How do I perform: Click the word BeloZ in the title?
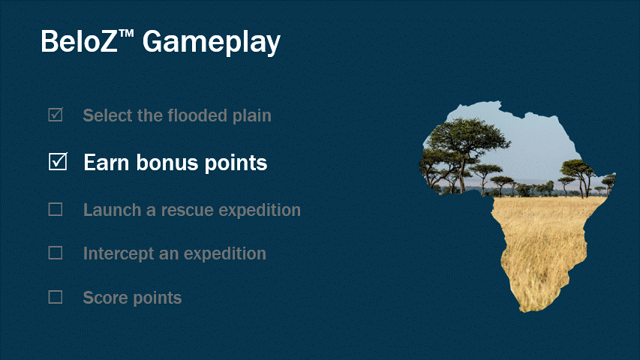80,41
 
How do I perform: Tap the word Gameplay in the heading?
212,43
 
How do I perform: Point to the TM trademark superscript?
126,34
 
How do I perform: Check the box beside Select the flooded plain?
56,115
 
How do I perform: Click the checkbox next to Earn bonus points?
58,162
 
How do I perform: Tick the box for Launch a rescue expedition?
56,209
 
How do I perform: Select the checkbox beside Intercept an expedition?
56,253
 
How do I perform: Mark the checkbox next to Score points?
56,297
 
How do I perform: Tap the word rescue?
188,210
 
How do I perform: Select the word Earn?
107,163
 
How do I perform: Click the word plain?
252,116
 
